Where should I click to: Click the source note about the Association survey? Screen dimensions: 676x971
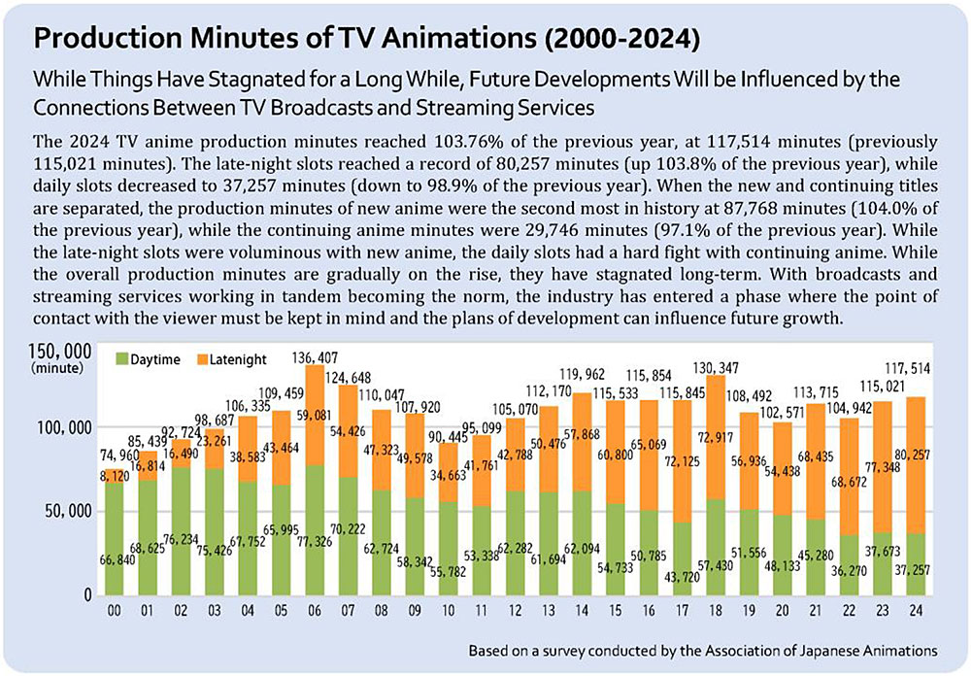coord(705,648)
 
